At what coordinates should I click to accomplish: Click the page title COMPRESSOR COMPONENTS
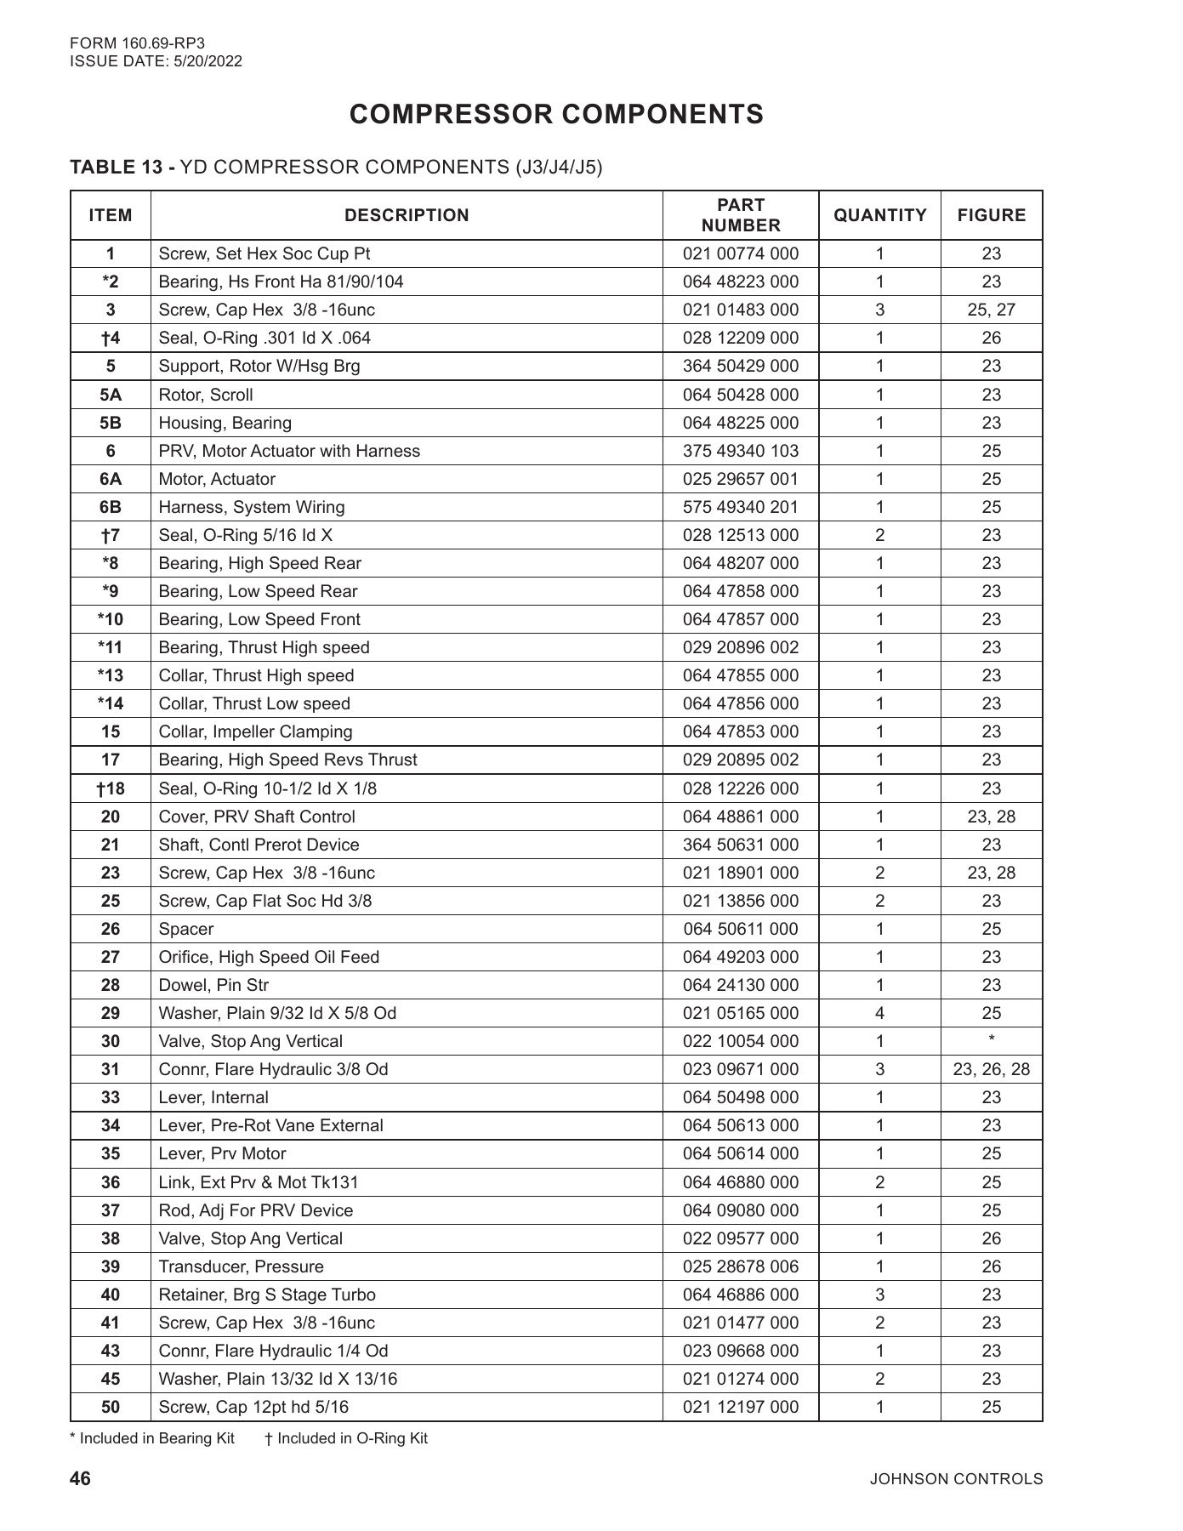[x=556, y=115]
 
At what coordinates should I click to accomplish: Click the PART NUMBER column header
[x=740, y=215]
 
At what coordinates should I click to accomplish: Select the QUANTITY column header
[x=879, y=215]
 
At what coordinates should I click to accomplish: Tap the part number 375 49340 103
[x=740, y=451]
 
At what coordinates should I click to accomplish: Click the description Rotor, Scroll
[x=205, y=395]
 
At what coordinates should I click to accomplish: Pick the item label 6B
[x=111, y=507]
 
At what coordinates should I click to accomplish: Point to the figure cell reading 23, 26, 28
[x=991, y=1069]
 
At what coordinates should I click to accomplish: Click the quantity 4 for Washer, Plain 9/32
[x=879, y=1013]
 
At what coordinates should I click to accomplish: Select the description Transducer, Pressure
[x=241, y=1266]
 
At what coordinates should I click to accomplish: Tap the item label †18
[x=111, y=788]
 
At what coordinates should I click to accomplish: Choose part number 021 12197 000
[x=740, y=1407]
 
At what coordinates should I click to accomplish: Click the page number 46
[x=80, y=1478]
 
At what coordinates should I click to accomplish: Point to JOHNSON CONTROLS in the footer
[x=956, y=1479]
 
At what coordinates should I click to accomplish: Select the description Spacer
[x=185, y=929]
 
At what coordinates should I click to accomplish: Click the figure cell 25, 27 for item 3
[x=991, y=310]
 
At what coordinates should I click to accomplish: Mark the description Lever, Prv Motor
[x=222, y=1153]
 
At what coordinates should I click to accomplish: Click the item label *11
[x=111, y=647]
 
